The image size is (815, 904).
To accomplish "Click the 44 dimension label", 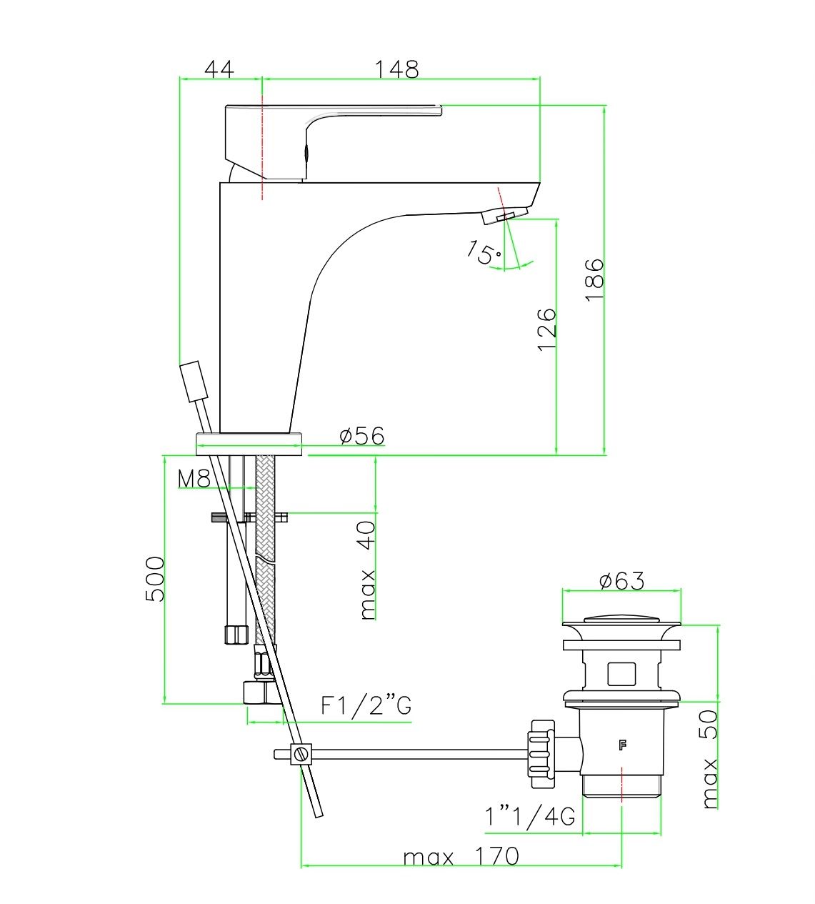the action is point(219,69).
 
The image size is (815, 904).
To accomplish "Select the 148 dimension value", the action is point(396,69).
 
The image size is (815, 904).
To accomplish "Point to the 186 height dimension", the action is point(594,279).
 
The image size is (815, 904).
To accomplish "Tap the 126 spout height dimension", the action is point(547,329).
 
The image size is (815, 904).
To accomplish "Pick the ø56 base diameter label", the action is point(362,436).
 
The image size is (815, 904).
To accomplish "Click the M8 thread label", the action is point(194,479).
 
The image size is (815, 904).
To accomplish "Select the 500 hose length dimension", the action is point(155,579).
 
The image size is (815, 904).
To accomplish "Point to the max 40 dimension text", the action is point(368,570).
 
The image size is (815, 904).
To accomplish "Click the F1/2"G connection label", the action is point(366,706).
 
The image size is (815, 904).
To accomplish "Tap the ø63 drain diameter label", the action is point(621,581).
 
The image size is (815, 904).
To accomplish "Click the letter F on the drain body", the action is point(622,746).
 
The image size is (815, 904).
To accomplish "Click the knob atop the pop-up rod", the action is point(194,381).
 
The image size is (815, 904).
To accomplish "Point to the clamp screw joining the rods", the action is point(301,754).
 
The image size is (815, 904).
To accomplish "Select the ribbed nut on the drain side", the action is point(542,754).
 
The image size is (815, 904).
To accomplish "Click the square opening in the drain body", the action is point(621,674).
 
